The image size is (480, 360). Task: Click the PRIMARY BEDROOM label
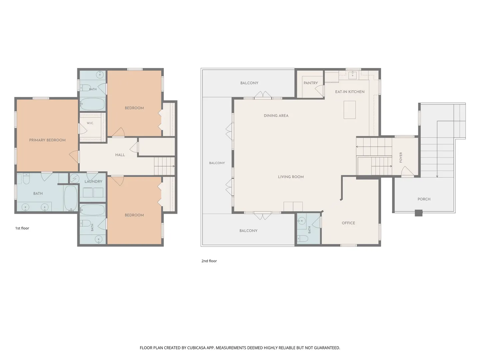[47, 140]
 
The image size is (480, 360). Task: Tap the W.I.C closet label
[90, 123]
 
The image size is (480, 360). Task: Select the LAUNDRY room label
[93, 181]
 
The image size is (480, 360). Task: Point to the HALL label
[120, 155]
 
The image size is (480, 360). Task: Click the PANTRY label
[311, 83]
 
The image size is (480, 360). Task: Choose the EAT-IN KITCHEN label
[350, 92]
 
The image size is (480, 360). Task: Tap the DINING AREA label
[276, 116]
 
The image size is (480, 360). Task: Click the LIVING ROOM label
[291, 177]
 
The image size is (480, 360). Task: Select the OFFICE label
[348, 223]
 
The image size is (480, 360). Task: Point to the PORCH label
[424, 199]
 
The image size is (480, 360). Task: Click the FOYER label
[401, 157]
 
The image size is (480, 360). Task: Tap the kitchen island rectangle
[349, 110]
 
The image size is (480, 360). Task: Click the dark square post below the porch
[419, 213]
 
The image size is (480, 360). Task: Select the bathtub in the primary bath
[71, 198]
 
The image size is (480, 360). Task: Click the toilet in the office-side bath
[303, 238]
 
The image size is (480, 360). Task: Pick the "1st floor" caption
[22, 228]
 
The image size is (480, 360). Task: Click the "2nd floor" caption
[209, 261]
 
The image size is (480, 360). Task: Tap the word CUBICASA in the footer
[196, 348]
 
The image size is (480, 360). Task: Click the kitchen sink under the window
[353, 75]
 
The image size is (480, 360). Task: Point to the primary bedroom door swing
[74, 157]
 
